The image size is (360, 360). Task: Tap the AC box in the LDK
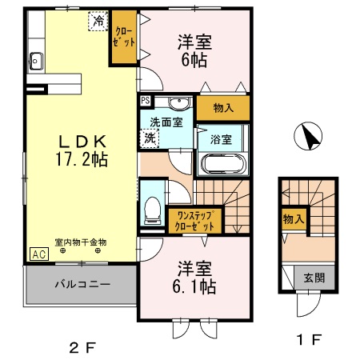click(38, 254)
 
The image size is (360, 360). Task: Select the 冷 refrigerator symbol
click(98, 21)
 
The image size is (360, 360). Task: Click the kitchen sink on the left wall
click(35, 59)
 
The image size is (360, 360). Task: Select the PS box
click(145, 101)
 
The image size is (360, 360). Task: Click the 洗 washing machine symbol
click(150, 137)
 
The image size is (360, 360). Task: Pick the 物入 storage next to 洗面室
click(223, 107)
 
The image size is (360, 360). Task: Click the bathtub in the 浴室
click(223, 163)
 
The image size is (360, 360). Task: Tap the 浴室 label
click(221, 138)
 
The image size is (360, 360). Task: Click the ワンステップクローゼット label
click(195, 219)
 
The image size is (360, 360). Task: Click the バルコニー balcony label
click(82, 284)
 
